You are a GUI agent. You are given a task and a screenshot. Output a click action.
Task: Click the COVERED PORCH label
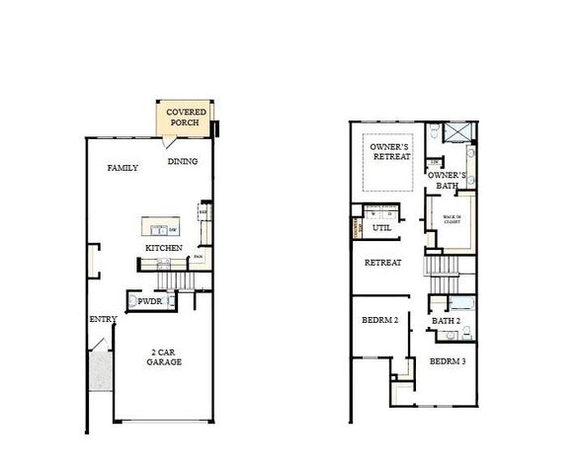(x=186, y=118)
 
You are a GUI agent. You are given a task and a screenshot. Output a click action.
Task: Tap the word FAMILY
(x=123, y=168)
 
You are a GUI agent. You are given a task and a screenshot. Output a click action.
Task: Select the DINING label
(x=182, y=162)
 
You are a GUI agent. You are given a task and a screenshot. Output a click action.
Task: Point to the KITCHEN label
(x=163, y=247)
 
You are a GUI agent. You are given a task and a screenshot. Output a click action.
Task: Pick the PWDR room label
(x=149, y=299)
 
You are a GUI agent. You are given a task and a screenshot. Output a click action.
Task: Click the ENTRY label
(x=103, y=319)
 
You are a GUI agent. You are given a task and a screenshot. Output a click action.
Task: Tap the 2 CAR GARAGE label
(x=165, y=356)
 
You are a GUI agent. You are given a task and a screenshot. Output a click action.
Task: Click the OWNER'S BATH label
(x=448, y=180)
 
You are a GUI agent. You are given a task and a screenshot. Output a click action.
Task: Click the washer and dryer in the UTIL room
(x=379, y=212)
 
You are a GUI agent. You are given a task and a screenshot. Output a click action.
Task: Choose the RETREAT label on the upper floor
(x=382, y=263)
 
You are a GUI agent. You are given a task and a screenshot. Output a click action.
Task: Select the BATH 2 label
(x=448, y=321)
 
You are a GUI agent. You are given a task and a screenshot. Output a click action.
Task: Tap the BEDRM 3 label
(x=448, y=361)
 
